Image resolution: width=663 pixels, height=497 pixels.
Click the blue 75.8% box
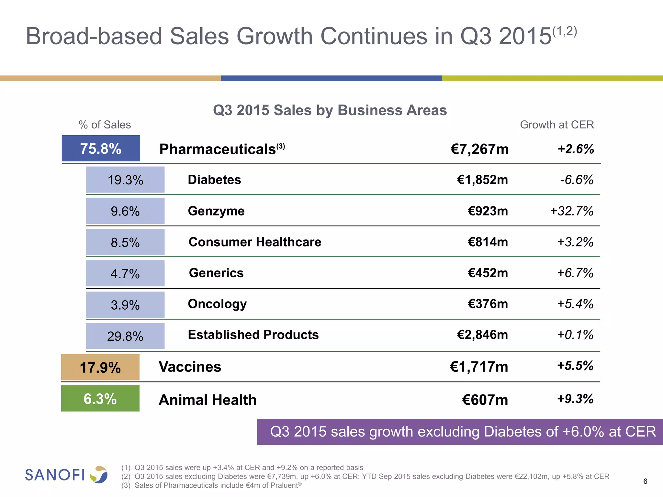tap(101, 149)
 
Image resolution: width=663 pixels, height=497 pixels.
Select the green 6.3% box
tap(100, 399)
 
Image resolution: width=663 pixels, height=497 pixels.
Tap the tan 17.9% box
tap(100, 368)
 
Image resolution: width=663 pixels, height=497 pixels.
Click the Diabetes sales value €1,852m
tap(482, 180)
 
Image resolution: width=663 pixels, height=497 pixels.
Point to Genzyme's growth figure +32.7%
tap(572, 211)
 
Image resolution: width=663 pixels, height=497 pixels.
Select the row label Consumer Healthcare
tap(255, 242)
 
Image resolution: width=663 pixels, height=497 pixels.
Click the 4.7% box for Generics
tap(125, 273)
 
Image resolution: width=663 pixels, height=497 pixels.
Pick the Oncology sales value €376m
tap(488, 304)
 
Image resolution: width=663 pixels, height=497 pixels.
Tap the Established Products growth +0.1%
tap(575, 335)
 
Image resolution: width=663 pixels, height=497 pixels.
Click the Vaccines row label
tap(190, 367)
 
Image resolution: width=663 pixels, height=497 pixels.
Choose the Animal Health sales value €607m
tap(485, 400)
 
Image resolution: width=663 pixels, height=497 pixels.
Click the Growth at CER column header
tap(557, 125)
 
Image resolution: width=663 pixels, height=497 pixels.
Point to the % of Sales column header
tap(105, 125)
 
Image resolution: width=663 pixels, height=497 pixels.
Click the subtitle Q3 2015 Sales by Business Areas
tap(330, 110)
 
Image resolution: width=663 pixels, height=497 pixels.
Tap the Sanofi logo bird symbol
tap(99, 475)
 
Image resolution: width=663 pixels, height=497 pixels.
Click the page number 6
tap(645, 481)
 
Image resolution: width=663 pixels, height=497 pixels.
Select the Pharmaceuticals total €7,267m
tap(479, 149)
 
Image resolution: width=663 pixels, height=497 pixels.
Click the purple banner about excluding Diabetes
tap(460, 432)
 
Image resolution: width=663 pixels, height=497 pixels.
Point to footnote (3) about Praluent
tap(212, 485)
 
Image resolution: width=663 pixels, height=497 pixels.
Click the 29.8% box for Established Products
tap(125, 336)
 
